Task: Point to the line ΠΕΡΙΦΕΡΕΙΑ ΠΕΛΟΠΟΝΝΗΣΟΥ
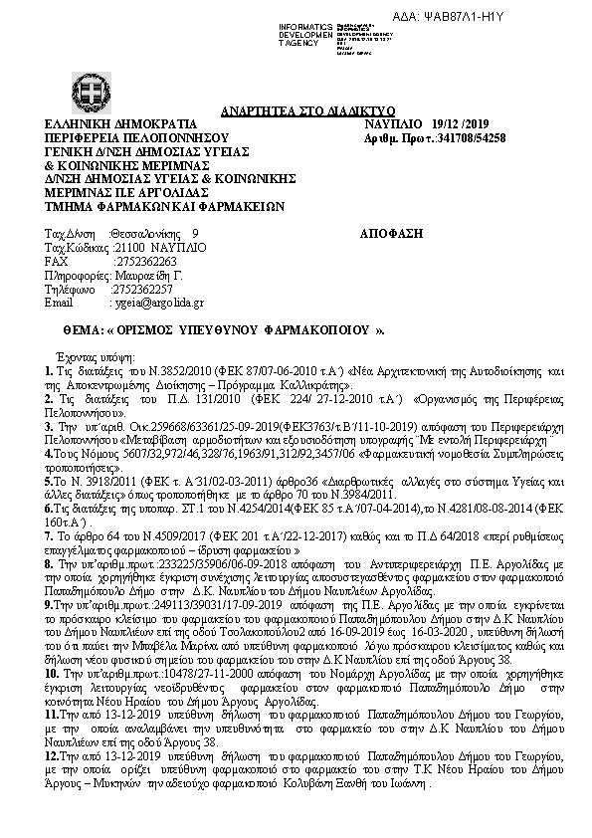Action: pos(124,138)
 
